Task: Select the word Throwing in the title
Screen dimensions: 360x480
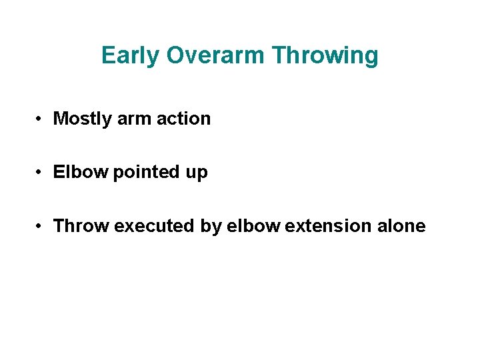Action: (x=326, y=56)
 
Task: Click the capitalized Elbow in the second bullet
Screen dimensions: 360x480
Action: (x=81, y=173)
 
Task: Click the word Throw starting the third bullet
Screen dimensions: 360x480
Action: (x=81, y=226)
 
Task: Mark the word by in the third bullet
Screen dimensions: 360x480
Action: (x=211, y=227)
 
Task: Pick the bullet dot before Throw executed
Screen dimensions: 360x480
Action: (x=41, y=227)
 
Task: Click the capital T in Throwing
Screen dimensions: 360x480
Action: (x=280, y=56)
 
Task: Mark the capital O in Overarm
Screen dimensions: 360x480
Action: (x=175, y=56)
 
